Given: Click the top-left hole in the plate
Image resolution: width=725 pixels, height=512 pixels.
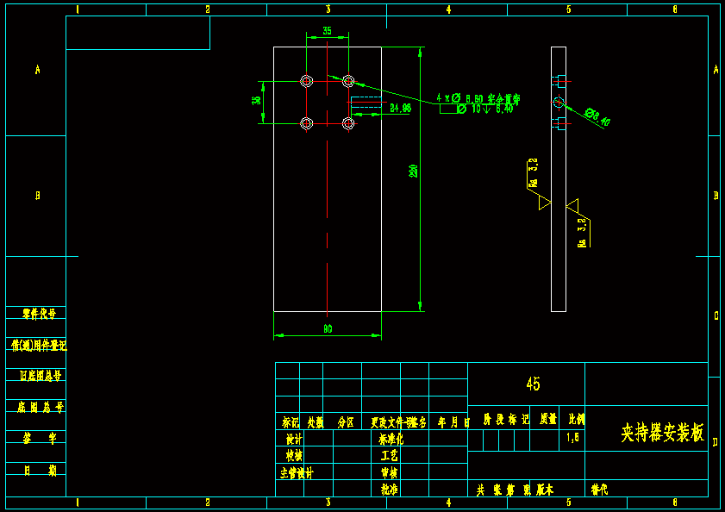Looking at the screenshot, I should point(306,81).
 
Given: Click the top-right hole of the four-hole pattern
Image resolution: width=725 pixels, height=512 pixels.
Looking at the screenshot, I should point(348,81).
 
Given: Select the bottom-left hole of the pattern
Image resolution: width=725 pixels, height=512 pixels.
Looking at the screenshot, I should point(306,123).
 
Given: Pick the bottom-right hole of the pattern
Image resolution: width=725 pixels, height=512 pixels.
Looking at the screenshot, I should point(348,123).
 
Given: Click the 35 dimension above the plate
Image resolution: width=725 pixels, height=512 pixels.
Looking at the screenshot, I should point(327,31).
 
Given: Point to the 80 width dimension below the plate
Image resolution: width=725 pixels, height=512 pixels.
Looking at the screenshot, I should point(328,328).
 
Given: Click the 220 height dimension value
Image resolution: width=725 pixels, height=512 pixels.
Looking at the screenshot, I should point(414,171).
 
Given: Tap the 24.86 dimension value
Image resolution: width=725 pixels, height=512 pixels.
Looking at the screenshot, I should point(400,109).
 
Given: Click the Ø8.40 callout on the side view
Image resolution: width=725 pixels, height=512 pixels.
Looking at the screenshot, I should point(597,117).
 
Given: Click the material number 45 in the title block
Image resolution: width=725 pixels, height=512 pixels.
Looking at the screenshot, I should point(533,384).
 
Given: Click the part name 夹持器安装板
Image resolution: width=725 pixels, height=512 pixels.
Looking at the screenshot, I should point(662,433).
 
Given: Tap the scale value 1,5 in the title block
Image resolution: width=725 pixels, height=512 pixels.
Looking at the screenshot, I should point(573,438).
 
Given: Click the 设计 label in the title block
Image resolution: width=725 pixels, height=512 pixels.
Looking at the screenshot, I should point(293,439).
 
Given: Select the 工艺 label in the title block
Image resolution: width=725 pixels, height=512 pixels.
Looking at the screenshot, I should point(390,455).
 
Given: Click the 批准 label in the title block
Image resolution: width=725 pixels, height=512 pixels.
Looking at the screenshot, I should point(390,489).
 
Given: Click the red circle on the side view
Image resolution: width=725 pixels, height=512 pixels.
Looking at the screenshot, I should point(558,102).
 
